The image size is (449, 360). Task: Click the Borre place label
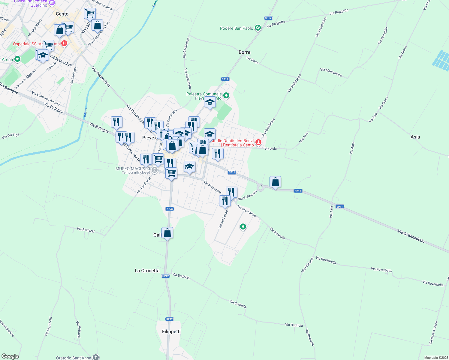244,52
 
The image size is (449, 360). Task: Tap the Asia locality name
415,137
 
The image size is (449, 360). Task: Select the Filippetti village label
171,331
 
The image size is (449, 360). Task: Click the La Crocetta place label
147,271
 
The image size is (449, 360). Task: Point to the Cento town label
62,14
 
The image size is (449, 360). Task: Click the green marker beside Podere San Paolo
258,28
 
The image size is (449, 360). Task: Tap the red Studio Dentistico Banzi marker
258,142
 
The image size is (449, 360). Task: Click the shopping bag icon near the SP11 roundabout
275,182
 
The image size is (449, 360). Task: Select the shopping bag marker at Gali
167,233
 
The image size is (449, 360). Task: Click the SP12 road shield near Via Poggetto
268,18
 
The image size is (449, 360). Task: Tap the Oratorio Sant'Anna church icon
95,357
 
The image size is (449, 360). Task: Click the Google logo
10,356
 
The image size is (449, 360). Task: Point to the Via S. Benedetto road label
411,236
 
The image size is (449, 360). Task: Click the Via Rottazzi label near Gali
86,230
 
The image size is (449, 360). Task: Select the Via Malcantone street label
331,72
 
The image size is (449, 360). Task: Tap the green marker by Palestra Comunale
226,96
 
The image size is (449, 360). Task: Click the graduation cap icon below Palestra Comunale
210,102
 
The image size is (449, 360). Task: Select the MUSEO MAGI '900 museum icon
155,170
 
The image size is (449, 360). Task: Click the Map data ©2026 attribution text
436,358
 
